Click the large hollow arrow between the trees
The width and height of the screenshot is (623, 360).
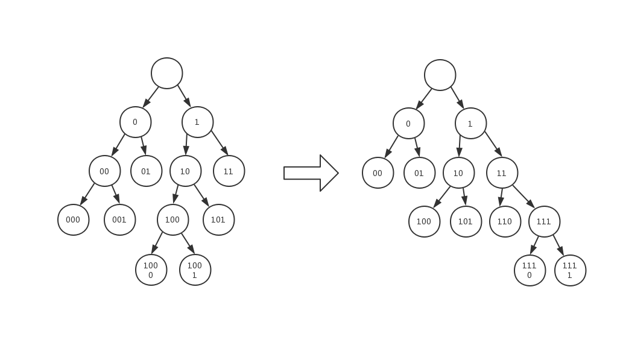[311, 173]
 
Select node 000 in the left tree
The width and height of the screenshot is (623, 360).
[74, 220]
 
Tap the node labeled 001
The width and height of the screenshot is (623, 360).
[119, 220]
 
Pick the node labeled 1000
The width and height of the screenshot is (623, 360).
[151, 270]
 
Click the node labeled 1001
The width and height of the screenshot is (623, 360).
[195, 270]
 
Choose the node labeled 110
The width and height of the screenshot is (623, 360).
[505, 222]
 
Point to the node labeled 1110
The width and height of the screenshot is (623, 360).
[530, 271]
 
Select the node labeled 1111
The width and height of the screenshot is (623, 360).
[570, 271]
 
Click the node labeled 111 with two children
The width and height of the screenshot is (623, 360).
[544, 222]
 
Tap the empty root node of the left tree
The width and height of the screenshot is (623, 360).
[167, 74]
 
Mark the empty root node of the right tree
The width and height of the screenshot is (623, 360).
[440, 75]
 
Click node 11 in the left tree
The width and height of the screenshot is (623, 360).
[229, 171]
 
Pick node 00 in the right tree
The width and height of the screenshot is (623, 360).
[378, 173]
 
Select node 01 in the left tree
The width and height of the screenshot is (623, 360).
[146, 171]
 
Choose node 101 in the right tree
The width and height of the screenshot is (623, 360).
[466, 222]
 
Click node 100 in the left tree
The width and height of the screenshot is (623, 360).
[172, 220]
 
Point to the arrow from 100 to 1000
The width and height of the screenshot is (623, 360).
[157, 243]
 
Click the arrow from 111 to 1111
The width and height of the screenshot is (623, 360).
[558, 245]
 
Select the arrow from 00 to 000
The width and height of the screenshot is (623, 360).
[87, 194]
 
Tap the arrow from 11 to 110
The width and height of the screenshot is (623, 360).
[501, 197]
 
